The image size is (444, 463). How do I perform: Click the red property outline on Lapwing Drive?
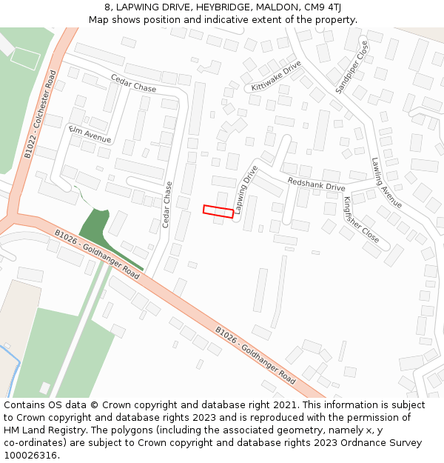218,212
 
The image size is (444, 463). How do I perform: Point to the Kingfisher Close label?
361,220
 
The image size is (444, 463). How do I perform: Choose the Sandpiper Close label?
351,67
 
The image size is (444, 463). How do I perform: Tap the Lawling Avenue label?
387,182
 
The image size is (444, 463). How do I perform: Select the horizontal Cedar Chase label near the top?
133,84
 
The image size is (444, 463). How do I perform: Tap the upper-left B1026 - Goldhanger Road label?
97,253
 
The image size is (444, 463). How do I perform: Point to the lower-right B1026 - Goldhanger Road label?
255,355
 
